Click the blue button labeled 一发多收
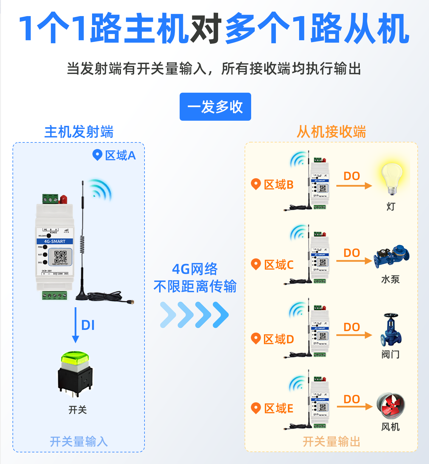tap(215, 107)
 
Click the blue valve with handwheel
tap(391, 330)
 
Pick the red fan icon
tap(391, 405)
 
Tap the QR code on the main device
tap(60, 257)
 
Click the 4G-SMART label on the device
tap(55, 241)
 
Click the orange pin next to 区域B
tap(256, 184)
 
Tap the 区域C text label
tap(279, 265)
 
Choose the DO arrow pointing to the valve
tap(354, 335)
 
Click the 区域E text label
tap(279, 408)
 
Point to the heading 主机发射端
tap(79, 132)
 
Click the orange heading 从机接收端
tap(331, 132)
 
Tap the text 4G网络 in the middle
tap(195, 269)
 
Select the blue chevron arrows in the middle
tap(194, 315)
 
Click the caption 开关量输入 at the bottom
tap(79, 441)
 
